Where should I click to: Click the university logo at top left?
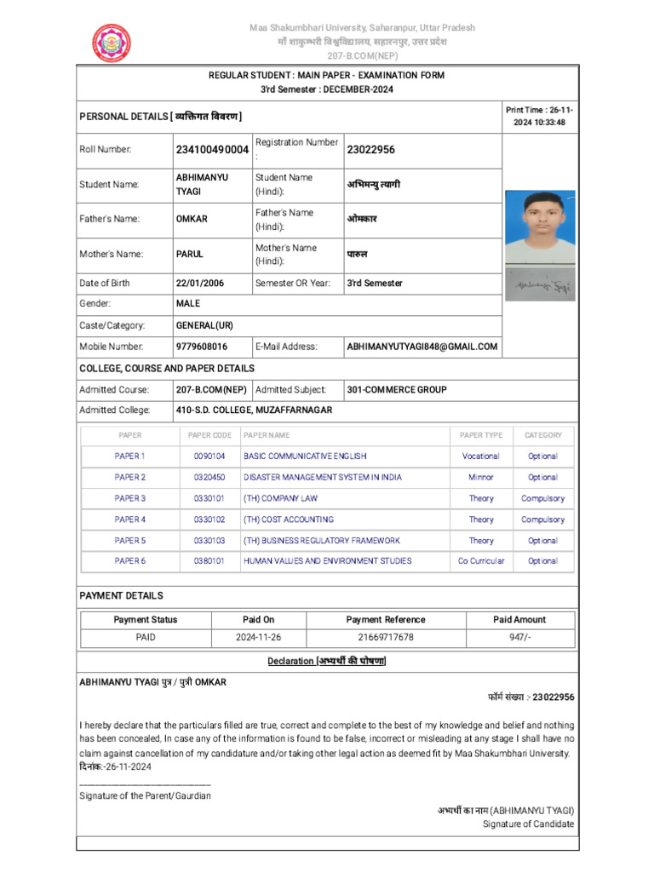click(x=112, y=43)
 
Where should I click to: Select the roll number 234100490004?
click(x=212, y=150)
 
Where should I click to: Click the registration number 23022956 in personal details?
click(x=370, y=150)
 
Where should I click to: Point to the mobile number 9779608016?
click(x=202, y=347)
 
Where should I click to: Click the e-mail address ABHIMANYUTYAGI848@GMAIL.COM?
click(x=422, y=347)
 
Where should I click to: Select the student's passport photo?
click(x=539, y=227)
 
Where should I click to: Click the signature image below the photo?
click(x=540, y=288)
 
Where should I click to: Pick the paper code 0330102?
click(x=209, y=519)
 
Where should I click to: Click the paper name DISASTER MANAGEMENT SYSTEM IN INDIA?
click(x=323, y=478)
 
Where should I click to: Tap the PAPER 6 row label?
click(x=130, y=561)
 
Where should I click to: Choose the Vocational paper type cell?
click(x=481, y=456)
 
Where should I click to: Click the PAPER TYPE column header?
click(x=481, y=435)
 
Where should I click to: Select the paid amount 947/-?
click(x=520, y=637)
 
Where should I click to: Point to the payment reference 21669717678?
click(x=386, y=637)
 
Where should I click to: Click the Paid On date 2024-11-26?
click(x=259, y=637)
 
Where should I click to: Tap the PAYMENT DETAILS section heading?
click(x=121, y=595)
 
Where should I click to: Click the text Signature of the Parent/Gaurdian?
click(x=145, y=795)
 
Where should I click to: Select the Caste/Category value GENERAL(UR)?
click(x=204, y=325)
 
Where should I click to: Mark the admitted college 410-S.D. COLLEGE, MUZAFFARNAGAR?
click(x=254, y=410)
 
